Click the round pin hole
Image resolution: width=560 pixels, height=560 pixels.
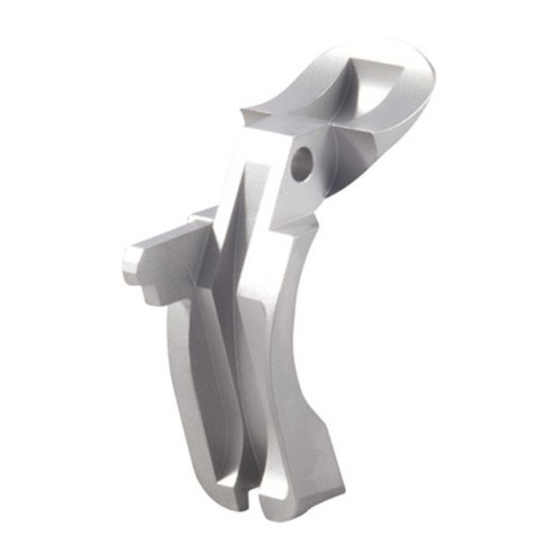(304, 161)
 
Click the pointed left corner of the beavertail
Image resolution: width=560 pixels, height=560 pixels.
(245, 114)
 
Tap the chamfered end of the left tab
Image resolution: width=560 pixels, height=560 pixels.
(132, 265)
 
